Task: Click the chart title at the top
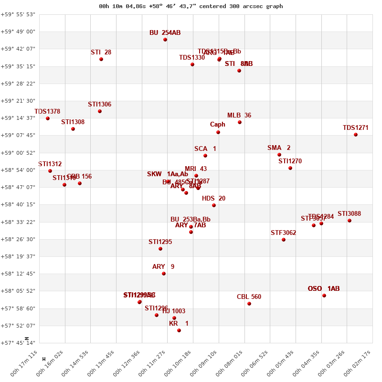[191, 6]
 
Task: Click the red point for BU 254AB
[165, 40]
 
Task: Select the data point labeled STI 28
[101, 59]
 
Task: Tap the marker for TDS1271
[356, 135]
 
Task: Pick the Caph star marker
[218, 132]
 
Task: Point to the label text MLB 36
[239, 116]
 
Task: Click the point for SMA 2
[279, 155]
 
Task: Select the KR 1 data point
[179, 330]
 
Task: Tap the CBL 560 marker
[249, 304]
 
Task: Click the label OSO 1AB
[324, 289]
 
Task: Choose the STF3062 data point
[284, 240]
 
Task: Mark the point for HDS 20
[214, 205]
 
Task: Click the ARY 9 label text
[163, 267]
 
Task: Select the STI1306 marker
[100, 111]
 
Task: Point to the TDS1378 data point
[48, 118]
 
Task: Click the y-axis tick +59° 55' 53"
[18, 14]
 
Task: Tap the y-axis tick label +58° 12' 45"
[18, 274]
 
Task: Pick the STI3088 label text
[350, 214]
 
